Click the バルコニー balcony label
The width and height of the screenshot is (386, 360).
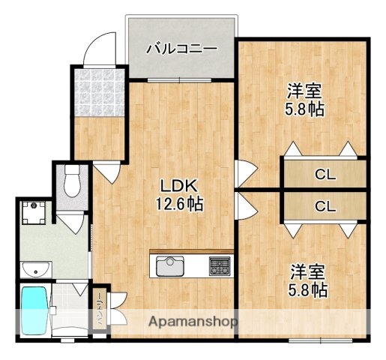click(x=181, y=49)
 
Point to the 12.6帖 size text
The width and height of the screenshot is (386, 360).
click(x=179, y=203)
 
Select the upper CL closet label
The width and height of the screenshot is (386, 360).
click(x=325, y=175)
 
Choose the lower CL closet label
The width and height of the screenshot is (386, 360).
click(x=325, y=205)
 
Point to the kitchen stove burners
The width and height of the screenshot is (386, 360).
click(x=220, y=265)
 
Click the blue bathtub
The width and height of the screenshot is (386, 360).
click(x=34, y=310)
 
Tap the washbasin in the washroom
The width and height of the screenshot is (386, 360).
click(x=35, y=269)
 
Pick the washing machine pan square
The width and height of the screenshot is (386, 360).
click(x=34, y=213)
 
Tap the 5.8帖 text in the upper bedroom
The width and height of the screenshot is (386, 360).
click(x=305, y=109)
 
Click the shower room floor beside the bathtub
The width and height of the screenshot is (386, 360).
click(x=71, y=310)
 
